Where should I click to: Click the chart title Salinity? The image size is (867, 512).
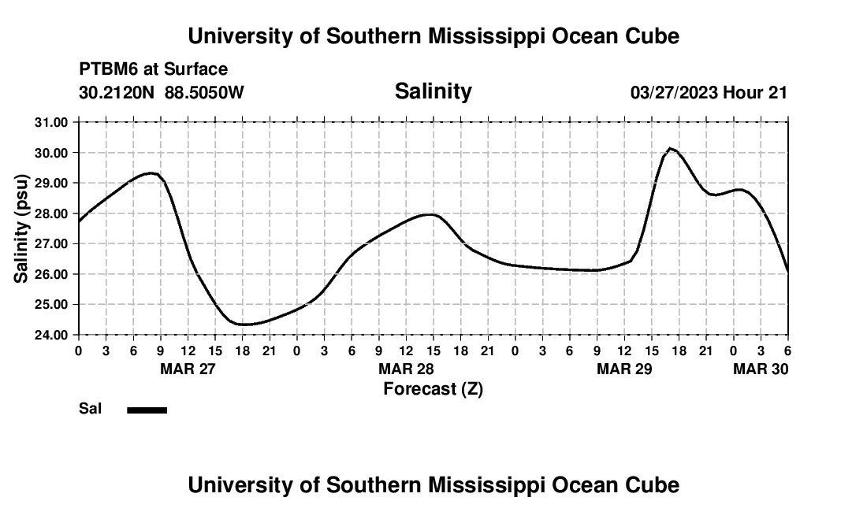tap(433, 91)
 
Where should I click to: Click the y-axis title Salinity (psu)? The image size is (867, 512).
tap(21, 228)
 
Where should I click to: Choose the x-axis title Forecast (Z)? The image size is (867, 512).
tap(433, 388)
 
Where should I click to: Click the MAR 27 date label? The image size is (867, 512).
tap(188, 369)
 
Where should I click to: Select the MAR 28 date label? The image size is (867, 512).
tap(406, 369)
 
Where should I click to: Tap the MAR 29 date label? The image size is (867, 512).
tap(624, 369)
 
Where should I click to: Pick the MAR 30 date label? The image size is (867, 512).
tap(761, 369)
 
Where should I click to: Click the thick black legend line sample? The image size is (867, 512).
tap(147, 410)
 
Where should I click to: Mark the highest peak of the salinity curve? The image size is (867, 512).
tap(670, 148)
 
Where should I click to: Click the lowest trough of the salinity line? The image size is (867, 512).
tap(244, 325)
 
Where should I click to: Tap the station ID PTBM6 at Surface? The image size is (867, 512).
tap(153, 69)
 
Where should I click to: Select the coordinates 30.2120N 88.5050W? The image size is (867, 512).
tap(162, 92)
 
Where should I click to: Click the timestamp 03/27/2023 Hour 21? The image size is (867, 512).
tap(709, 92)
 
